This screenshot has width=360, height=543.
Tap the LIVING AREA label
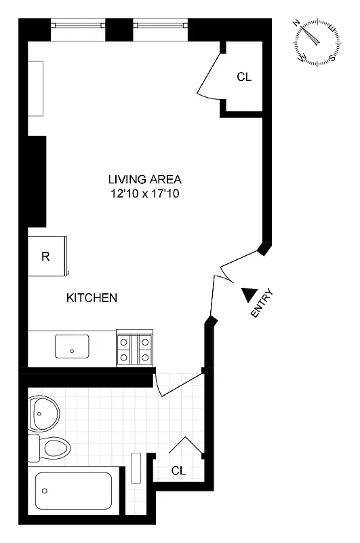tap(145, 180)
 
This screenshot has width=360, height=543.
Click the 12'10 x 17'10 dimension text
tap(145, 194)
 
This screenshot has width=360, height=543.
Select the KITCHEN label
tap(92, 298)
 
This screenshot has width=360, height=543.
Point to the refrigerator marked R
tap(47, 256)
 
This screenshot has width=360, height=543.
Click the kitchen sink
tap(72, 346)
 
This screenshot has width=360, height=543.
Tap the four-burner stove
tap(135, 348)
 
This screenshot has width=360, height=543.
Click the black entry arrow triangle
tap(249, 295)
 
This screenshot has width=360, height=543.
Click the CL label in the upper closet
tap(244, 77)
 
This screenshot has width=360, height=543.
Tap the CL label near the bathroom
tap(178, 470)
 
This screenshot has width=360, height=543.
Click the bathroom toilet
tap(52, 448)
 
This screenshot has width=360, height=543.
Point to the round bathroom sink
tap(45, 413)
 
